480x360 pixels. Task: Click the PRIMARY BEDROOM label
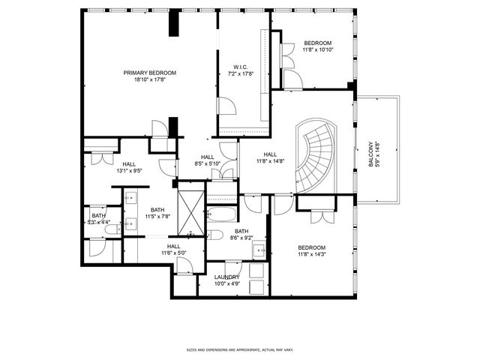[x=150, y=73]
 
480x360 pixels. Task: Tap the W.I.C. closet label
[x=241, y=67]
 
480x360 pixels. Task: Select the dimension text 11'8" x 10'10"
[x=318, y=49]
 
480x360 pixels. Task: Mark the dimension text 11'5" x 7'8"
[x=157, y=217]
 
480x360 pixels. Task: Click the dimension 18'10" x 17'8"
[x=150, y=79]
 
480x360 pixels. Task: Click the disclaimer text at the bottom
[x=240, y=349]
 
